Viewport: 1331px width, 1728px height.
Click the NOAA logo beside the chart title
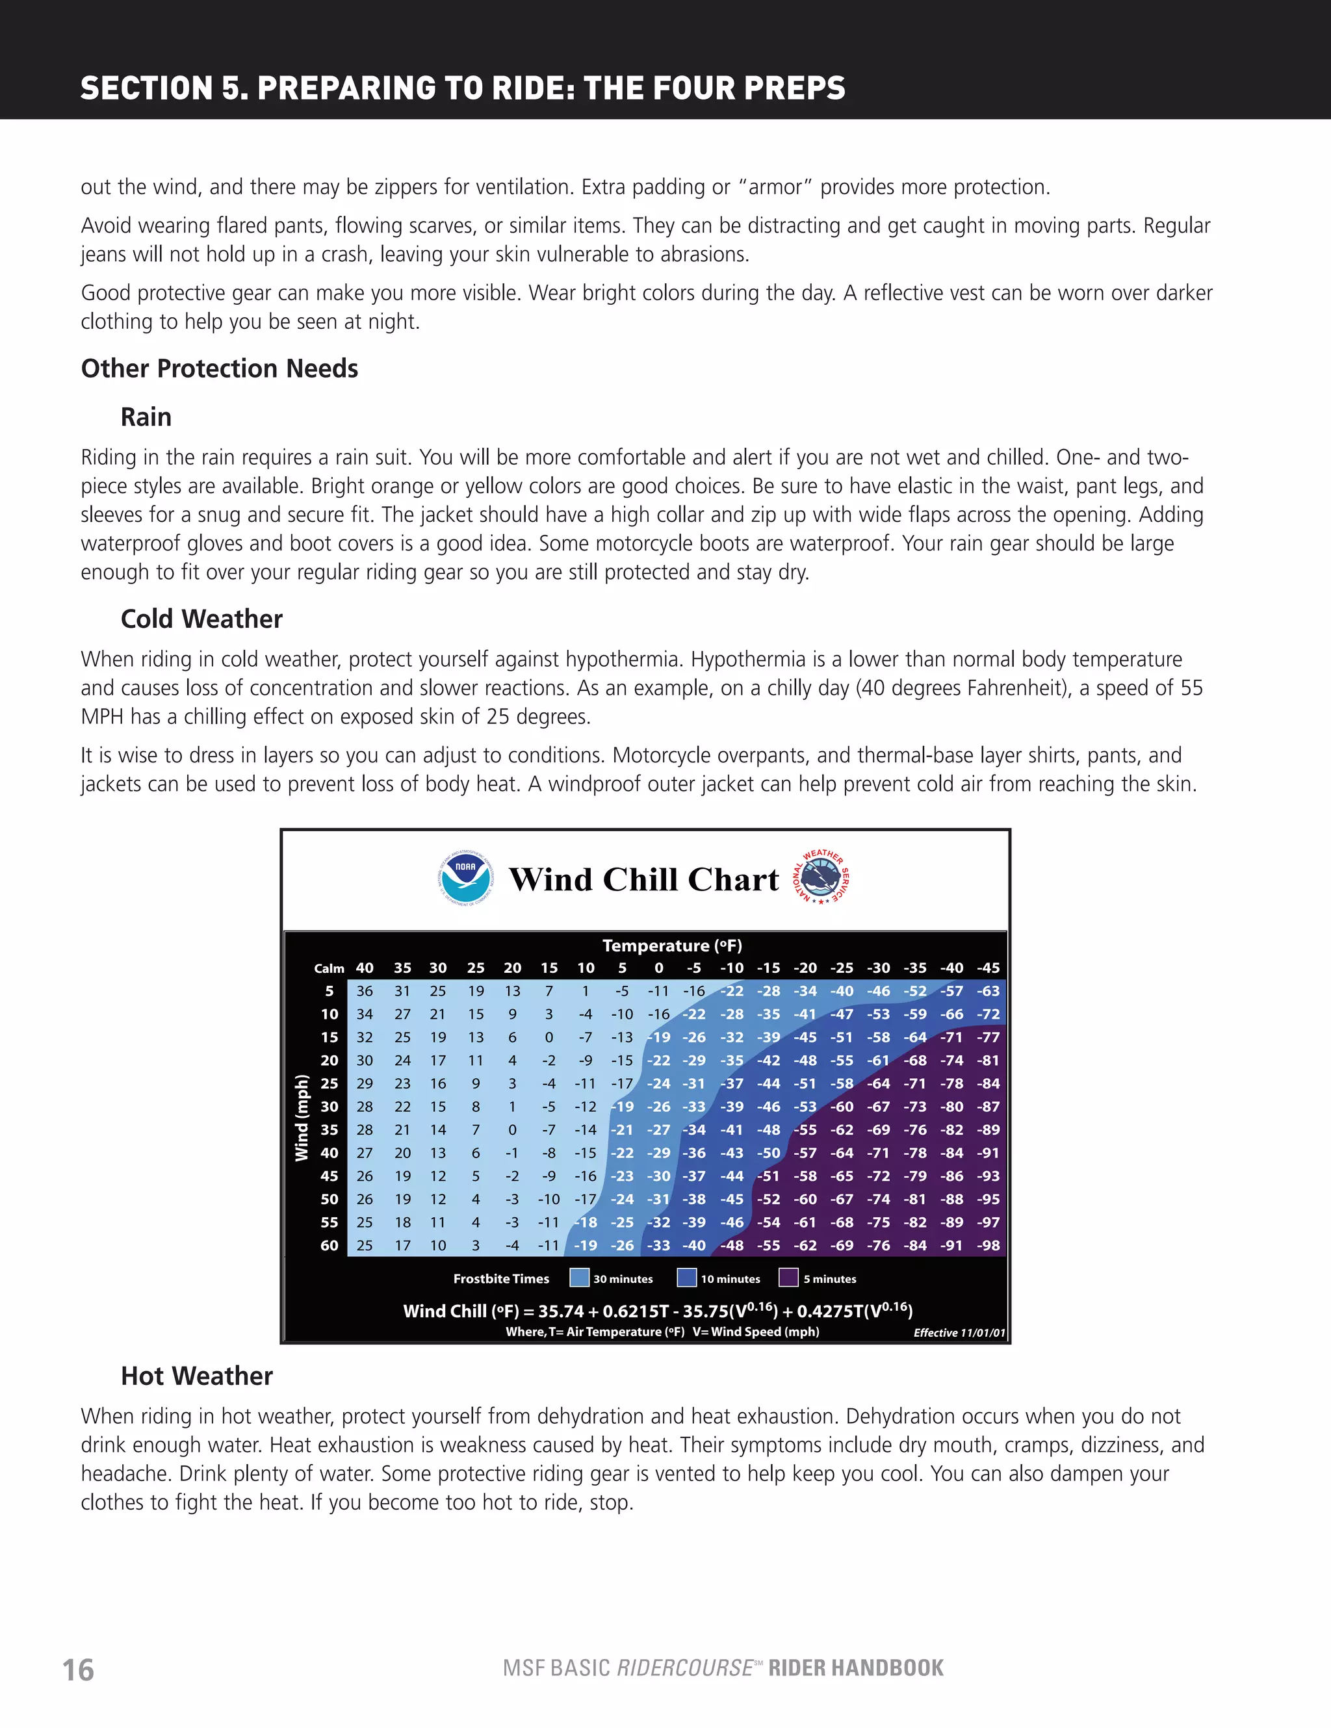coord(465,879)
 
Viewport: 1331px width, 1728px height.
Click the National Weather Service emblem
coord(822,878)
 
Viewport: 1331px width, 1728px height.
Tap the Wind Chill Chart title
coord(643,880)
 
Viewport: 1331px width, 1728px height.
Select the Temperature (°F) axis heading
coord(672,946)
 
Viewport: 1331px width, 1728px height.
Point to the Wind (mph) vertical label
coord(302,1118)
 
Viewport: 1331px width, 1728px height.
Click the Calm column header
coord(328,968)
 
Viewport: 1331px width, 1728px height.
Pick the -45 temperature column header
coord(988,968)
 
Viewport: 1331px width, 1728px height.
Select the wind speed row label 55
coord(330,1222)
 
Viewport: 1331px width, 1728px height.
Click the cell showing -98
coord(988,1245)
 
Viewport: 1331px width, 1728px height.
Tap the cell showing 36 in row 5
coord(364,992)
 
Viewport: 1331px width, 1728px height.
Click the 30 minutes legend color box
coord(579,1278)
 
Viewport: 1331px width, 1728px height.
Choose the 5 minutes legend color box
coord(789,1278)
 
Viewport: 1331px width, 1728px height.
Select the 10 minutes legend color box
coord(686,1278)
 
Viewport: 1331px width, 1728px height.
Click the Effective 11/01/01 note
coord(959,1332)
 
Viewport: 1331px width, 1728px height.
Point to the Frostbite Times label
coord(501,1278)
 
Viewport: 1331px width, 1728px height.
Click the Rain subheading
coord(146,417)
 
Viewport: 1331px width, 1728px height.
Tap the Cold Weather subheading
coord(201,619)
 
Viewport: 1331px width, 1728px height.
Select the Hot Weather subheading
coord(196,1376)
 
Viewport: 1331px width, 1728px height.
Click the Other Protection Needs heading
coord(219,368)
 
